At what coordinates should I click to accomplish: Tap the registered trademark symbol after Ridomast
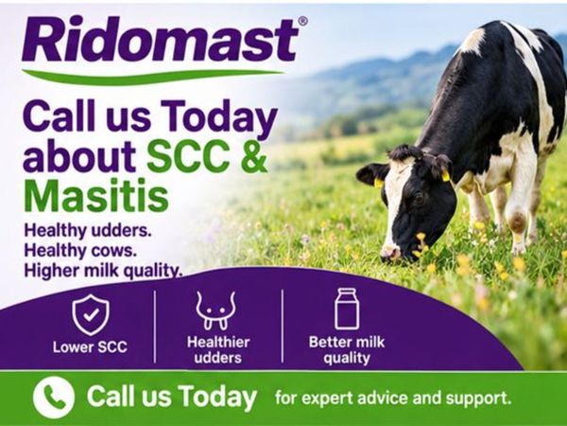pyautogui.click(x=303, y=21)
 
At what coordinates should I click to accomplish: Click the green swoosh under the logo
pyautogui.click(x=152, y=75)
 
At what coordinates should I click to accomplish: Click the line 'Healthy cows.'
pyautogui.click(x=80, y=250)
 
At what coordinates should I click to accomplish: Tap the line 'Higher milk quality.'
pyautogui.click(x=103, y=270)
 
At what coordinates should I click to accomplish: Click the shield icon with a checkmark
pyautogui.click(x=91, y=314)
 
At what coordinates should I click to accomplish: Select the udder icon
pyautogui.click(x=215, y=311)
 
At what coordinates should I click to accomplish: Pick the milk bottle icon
pyautogui.click(x=347, y=309)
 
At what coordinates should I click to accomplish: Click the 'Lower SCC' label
pyautogui.click(x=90, y=347)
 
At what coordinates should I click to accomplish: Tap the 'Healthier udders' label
pyautogui.click(x=218, y=350)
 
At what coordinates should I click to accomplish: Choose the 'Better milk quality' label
pyautogui.click(x=347, y=350)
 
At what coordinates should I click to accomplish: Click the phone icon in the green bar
pyautogui.click(x=54, y=398)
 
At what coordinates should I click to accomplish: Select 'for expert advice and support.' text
pyautogui.click(x=393, y=399)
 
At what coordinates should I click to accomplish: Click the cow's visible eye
pyautogui.click(x=419, y=199)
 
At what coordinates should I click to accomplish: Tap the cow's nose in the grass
pyautogui.click(x=390, y=252)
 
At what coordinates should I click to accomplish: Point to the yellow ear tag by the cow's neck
pyautogui.click(x=445, y=176)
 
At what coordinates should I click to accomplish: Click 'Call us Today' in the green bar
pyautogui.click(x=172, y=397)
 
